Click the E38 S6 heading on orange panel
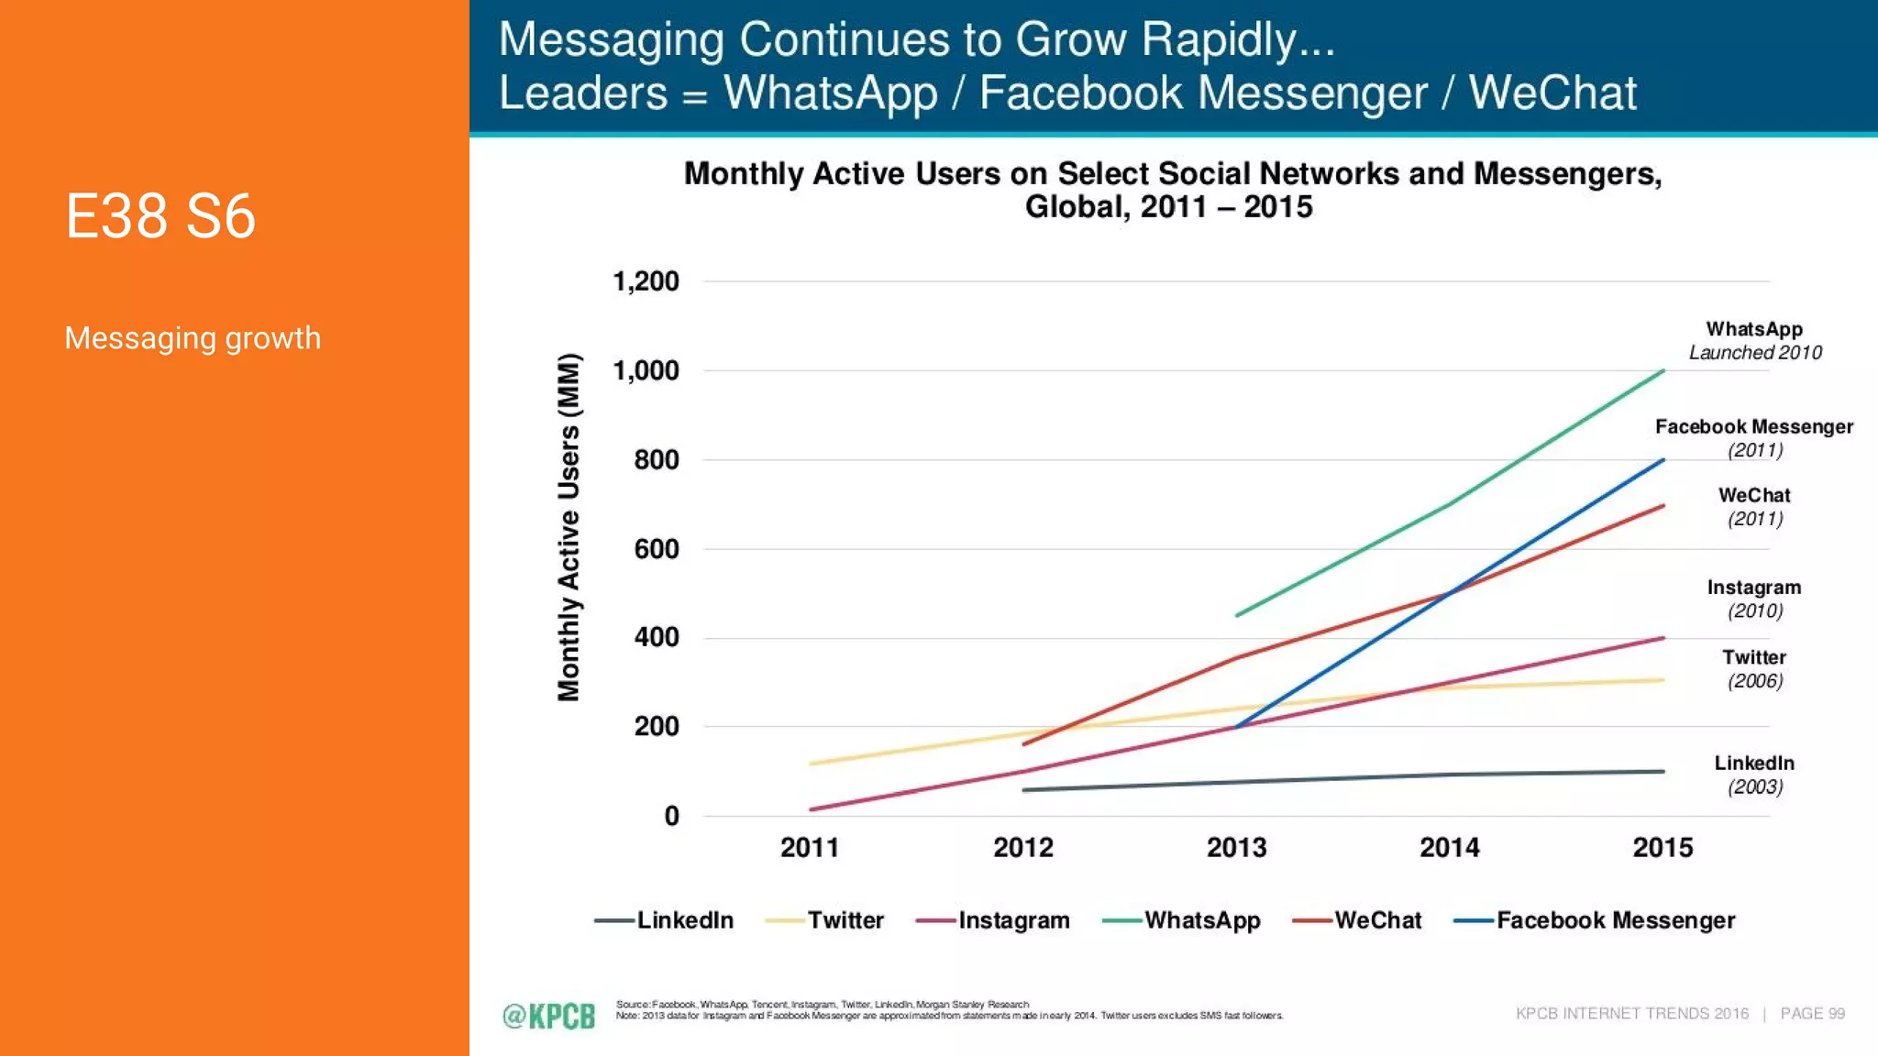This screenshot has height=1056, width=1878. (160, 217)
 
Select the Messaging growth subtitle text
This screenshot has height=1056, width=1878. (193, 338)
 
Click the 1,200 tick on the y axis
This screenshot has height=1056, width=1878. (646, 281)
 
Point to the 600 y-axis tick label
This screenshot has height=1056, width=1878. (657, 549)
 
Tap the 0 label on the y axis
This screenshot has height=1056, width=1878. (671, 816)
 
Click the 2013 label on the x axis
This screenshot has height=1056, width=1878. (1236, 848)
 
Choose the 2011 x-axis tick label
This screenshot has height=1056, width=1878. (810, 848)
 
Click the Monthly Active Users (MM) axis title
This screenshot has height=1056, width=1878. (569, 527)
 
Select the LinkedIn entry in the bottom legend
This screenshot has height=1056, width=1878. (665, 920)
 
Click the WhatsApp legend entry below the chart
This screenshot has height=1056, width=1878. (1182, 920)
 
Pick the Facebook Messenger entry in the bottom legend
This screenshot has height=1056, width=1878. (1596, 920)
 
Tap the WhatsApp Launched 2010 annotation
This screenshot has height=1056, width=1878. (1754, 340)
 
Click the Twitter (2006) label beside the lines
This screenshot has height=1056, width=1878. (1754, 668)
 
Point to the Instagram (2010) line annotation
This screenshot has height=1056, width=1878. (1754, 599)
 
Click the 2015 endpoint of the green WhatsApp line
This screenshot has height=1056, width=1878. (1663, 371)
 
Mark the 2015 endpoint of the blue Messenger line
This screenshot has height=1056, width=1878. (1663, 460)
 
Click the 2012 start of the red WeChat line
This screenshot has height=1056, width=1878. (1024, 743)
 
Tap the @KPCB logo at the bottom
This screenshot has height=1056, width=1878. (548, 1016)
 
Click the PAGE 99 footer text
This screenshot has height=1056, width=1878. (1812, 1014)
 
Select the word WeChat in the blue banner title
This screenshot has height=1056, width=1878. (1552, 93)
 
